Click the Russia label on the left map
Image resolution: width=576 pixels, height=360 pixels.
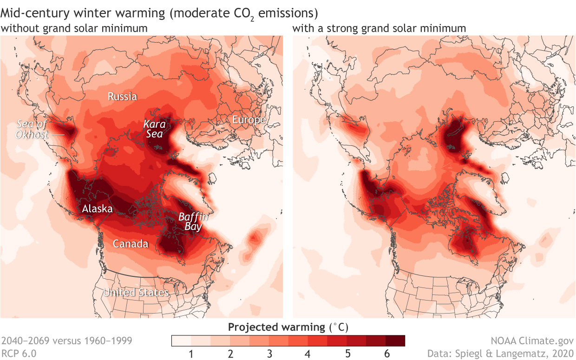[122, 97]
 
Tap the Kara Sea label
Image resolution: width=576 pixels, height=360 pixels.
[153, 129]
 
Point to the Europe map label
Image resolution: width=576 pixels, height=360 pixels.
[249, 120]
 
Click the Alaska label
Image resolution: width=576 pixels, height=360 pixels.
[97, 209]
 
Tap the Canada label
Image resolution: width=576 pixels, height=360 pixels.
[131, 244]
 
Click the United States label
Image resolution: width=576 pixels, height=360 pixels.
[136, 293]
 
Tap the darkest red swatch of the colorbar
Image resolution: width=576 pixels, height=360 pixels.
[395, 341]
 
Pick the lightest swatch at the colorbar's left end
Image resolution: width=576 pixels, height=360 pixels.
[181, 341]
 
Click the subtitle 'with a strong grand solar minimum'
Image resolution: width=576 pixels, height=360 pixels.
[379, 28]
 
